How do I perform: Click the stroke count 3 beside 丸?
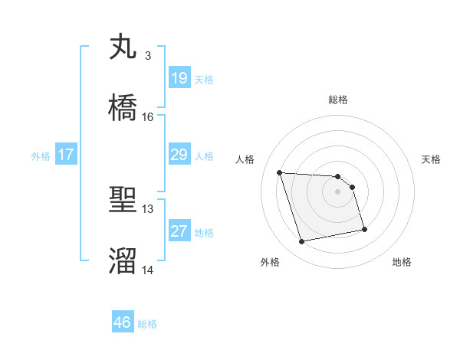click(x=148, y=56)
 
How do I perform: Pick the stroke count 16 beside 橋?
click(x=148, y=117)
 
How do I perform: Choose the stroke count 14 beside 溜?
click(x=148, y=270)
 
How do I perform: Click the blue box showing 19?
click(x=179, y=78)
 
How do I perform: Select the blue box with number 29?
click(x=179, y=155)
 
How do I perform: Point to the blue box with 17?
click(x=66, y=155)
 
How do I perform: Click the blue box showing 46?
click(x=123, y=322)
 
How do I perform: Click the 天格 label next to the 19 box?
click(x=204, y=79)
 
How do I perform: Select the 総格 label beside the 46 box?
click(x=147, y=324)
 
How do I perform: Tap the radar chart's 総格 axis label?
click(x=338, y=100)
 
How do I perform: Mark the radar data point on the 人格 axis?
click(x=280, y=172)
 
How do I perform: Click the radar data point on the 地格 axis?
click(x=364, y=229)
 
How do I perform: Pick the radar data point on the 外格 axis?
click(x=302, y=242)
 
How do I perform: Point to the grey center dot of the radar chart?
click(x=337, y=191)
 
